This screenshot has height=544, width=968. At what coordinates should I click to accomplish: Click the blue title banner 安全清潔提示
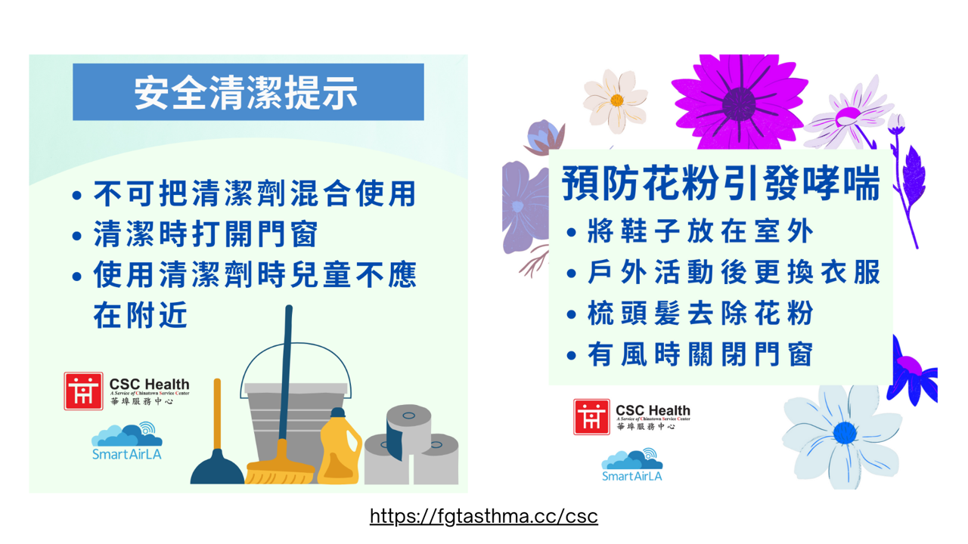pos(248,92)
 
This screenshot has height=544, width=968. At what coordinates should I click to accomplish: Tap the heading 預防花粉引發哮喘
pos(721,183)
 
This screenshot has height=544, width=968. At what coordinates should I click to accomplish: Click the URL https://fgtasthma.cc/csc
pos(483,516)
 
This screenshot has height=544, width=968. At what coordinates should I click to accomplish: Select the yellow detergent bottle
pos(339,447)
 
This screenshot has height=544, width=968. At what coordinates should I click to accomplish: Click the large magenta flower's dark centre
pos(739,104)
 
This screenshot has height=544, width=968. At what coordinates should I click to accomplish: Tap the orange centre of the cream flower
pos(616,100)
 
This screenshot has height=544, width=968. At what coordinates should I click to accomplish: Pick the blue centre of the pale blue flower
pos(845,433)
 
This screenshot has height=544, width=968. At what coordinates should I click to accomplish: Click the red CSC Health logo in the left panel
pos(83,391)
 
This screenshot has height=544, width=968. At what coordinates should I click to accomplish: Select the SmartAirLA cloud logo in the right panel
pos(631,465)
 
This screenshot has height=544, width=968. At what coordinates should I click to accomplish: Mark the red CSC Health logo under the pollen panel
pos(591,416)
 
